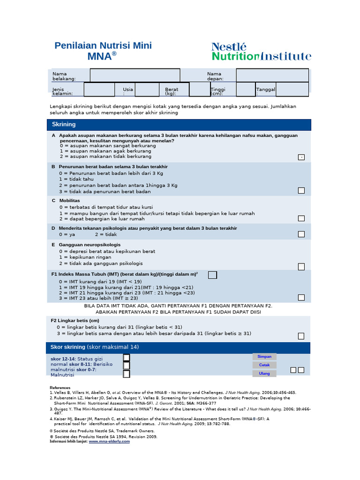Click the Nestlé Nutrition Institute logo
(x=261, y=52)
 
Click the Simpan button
(x=264, y=357)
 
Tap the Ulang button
(x=264, y=374)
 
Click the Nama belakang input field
(x=135, y=75)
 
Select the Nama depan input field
(x=272, y=75)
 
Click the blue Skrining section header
(x=179, y=125)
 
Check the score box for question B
(x=301, y=190)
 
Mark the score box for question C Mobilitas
(x=301, y=218)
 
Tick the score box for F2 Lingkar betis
(x=301, y=336)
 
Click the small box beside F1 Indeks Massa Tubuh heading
(x=212, y=275)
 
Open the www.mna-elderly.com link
(x=109, y=441)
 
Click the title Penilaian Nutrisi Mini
(x=103, y=46)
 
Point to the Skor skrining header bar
(x=179, y=347)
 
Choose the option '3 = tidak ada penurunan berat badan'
(x=105, y=192)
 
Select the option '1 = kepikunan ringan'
(x=85, y=257)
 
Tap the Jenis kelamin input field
(x=99, y=89)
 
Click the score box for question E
(x=301, y=266)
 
